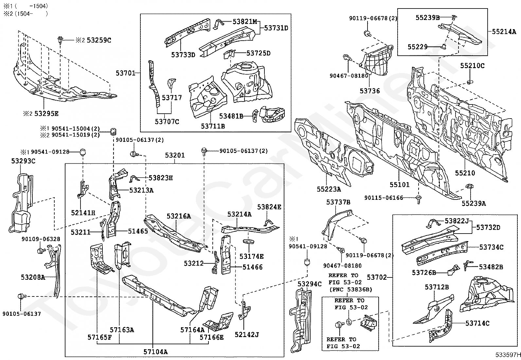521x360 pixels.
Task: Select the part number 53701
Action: coord(125,73)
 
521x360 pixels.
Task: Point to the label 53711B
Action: coord(213,126)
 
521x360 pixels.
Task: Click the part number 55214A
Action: coord(504,32)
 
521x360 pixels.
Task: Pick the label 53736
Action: coord(370,91)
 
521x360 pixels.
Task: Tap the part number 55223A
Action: coord(329,189)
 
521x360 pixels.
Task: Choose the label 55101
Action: coord(399,185)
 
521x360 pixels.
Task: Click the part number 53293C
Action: coord(23,161)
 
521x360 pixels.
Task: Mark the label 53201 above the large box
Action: coord(175,155)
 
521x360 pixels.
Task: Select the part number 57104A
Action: coord(155,352)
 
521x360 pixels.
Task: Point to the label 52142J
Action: coord(247,334)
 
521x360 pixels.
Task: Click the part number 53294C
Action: coord(310,284)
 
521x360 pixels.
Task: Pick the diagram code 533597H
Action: coord(508,354)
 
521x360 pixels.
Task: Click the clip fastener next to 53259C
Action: coord(61,40)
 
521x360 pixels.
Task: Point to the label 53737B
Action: coord(338,202)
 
